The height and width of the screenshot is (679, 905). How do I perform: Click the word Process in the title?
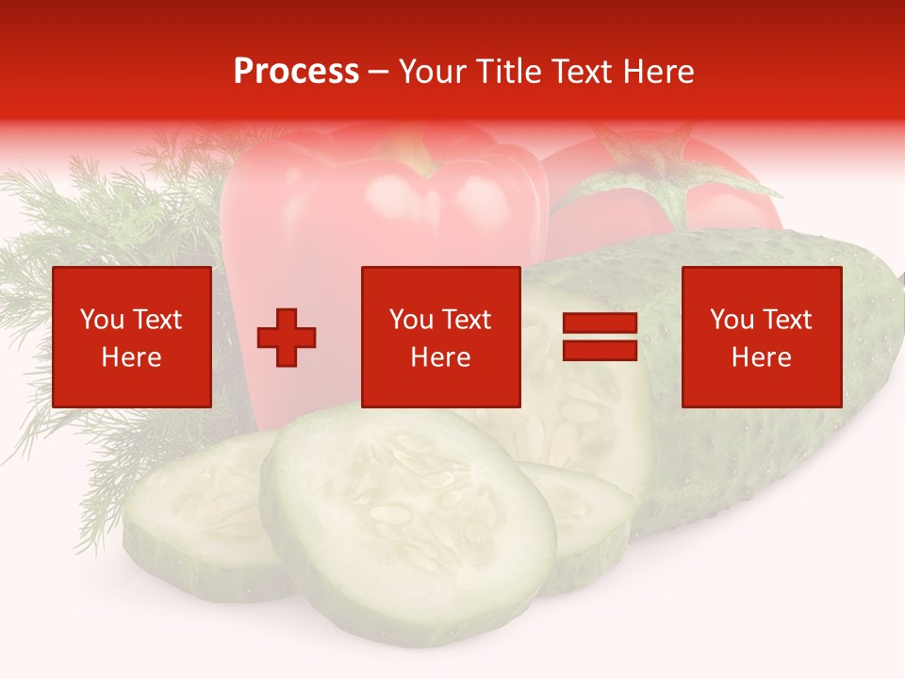296,72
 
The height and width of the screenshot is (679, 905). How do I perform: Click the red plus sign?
287,338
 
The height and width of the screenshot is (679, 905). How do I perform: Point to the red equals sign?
600,338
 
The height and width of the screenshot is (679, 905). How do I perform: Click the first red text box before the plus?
132,337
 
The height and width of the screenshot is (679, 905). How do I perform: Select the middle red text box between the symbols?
440,337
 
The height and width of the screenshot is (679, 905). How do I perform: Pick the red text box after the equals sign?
761,337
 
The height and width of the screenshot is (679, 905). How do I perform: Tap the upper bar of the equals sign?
600,323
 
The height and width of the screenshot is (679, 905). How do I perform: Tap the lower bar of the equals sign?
600,351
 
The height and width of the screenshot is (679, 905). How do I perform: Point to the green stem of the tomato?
660,174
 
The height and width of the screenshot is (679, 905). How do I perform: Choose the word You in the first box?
102,320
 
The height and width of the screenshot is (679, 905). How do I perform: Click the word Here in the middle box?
440,357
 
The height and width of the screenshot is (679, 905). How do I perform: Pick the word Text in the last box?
788,320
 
